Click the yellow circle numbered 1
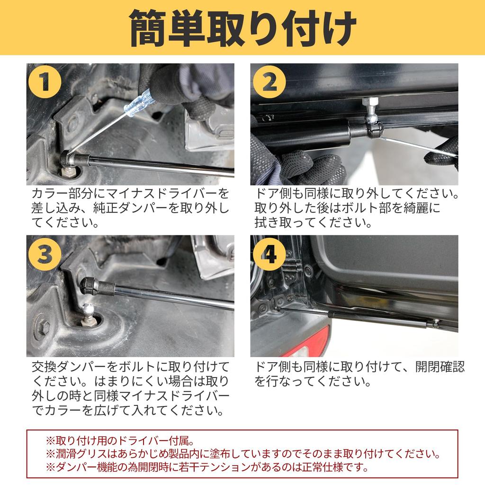45,81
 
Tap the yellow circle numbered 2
269,81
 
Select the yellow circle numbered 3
45,254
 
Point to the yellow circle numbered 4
269,254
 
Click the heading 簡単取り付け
242,28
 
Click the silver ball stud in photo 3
89,311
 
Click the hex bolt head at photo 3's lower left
43,326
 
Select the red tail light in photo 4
306,342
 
